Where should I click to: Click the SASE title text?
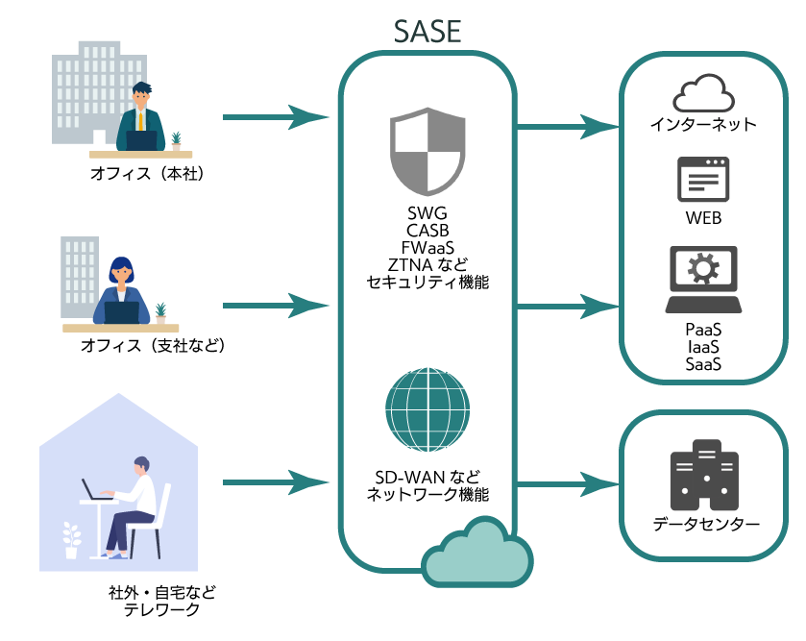pyautogui.click(x=427, y=32)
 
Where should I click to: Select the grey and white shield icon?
pyautogui.click(x=427, y=151)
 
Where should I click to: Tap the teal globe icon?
pyautogui.click(x=427, y=409)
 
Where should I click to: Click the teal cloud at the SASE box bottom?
pyautogui.click(x=476, y=555)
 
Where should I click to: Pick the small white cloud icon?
pyautogui.click(x=704, y=93)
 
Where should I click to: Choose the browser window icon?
pyautogui.click(x=703, y=180)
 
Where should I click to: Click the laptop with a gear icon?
pyautogui.click(x=703, y=279)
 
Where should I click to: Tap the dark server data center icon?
pyautogui.click(x=704, y=476)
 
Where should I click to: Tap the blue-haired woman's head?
pyautogui.click(x=121, y=269)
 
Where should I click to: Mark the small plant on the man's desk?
pyautogui.click(x=176, y=141)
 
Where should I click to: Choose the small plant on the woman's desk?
pyautogui.click(x=160, y=313)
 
